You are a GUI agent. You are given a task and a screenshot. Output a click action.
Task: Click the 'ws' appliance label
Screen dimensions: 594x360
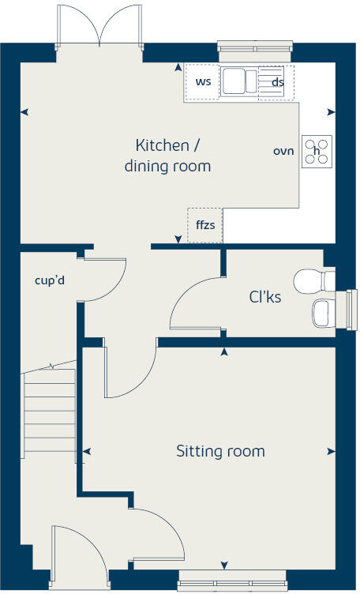203,81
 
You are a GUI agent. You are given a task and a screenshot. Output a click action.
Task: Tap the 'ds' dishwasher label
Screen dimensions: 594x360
277,81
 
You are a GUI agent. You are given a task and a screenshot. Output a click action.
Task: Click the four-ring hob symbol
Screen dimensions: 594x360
317,151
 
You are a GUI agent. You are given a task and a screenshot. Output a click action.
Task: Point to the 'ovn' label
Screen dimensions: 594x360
283,150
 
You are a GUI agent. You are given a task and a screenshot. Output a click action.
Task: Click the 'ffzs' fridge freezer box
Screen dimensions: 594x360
205,225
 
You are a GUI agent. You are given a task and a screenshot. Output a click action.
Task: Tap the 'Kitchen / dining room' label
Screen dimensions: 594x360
167,156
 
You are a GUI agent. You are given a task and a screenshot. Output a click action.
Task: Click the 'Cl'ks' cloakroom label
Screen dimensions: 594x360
265,298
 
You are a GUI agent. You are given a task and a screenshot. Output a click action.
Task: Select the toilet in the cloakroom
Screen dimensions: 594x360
315,280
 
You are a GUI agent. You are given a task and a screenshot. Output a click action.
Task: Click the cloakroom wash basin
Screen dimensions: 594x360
324,313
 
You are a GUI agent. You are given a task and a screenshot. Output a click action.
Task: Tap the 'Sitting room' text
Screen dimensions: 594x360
220,452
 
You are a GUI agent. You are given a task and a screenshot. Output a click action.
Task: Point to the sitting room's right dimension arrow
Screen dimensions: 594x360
330,452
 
